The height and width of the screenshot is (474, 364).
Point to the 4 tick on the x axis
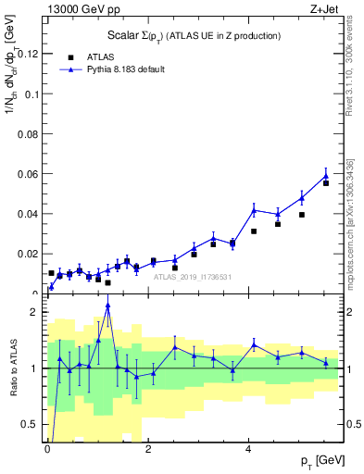coord(248,440)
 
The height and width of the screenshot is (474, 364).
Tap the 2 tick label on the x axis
coord(148,440)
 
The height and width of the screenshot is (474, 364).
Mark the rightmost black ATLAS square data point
coord(326,183)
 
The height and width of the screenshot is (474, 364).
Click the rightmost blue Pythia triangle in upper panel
coord(326,176)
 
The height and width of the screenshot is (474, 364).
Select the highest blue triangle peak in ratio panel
coord(108,306)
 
